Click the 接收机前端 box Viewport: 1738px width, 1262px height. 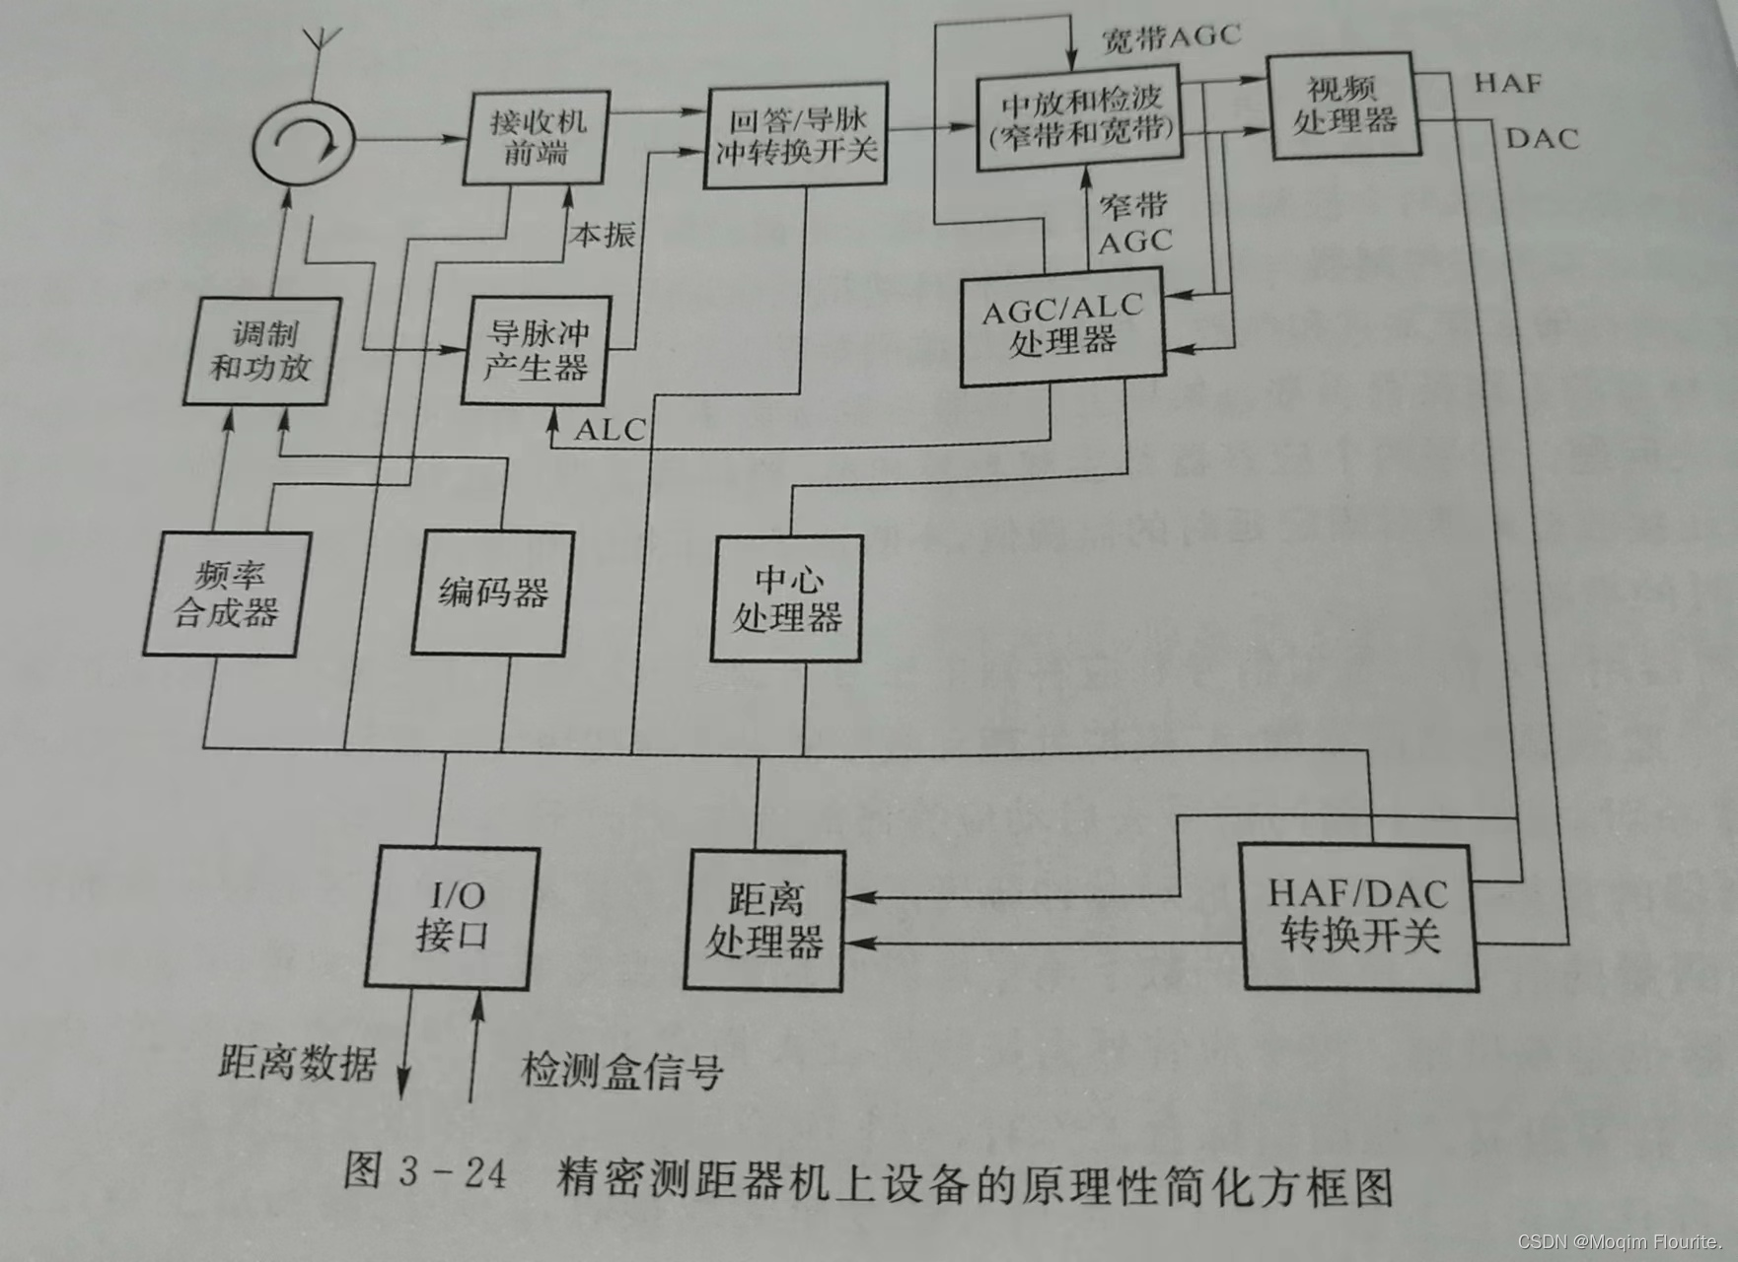(537, 138)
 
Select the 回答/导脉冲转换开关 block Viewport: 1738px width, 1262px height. (795, 137)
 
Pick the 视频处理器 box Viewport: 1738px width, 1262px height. (1344, 106)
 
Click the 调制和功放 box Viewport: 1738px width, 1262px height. (261, 351)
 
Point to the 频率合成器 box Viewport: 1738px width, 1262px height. (226, 595)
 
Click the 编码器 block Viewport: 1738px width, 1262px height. (492, 594)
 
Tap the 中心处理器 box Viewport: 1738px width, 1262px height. (786, 598)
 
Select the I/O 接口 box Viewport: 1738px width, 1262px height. (452, 917)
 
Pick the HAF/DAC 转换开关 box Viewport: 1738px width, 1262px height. (1359, 917)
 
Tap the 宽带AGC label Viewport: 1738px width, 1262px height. (1170, 37)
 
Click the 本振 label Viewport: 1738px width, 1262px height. (602, 235)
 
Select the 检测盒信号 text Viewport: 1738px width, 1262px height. (621, 1071)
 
